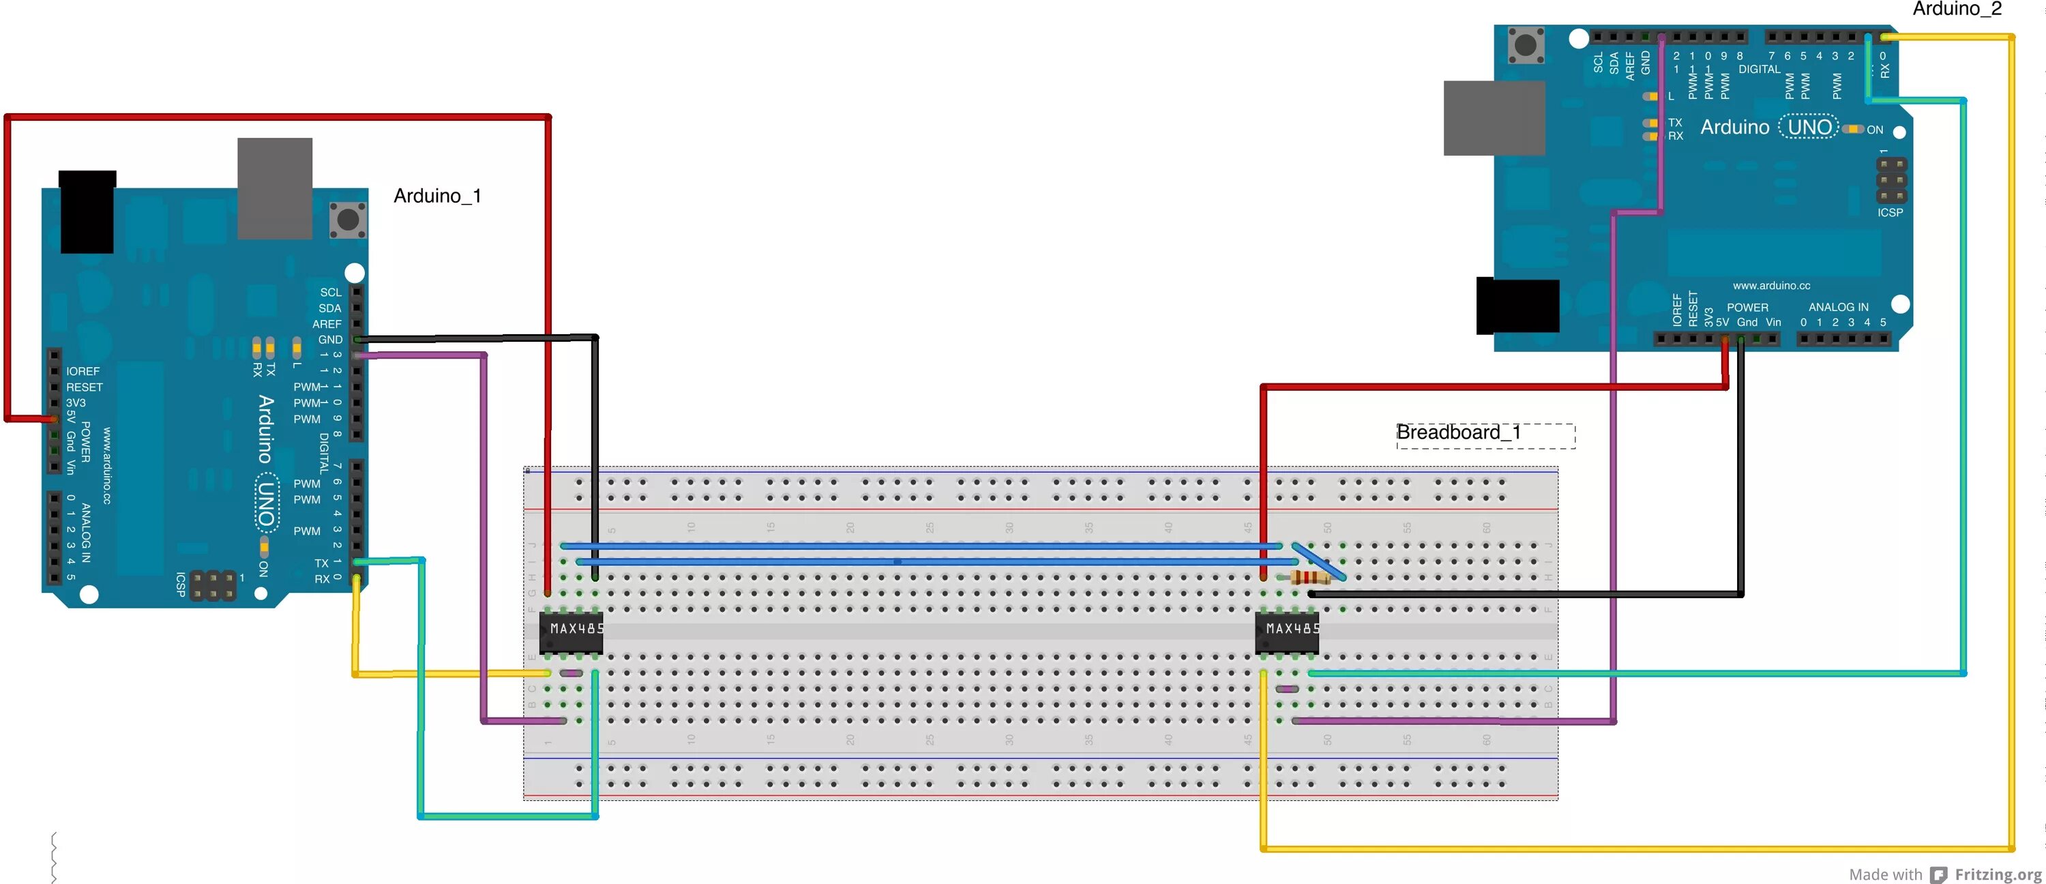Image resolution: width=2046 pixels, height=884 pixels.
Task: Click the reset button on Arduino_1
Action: click(x=347, y=220)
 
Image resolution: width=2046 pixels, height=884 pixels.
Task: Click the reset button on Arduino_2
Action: click(x=1525, y=44)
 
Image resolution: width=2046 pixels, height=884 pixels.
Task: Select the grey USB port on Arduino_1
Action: click(x=274, y=188)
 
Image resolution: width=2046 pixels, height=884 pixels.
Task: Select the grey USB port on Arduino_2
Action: click(x=1493, y=117)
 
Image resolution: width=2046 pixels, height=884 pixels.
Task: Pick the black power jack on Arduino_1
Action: click(x=87, y=211)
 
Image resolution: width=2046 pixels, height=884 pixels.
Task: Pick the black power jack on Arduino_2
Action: click(x=1517, y=306)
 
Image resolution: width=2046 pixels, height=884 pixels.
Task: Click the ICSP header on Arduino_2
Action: click(x=1891, y=180)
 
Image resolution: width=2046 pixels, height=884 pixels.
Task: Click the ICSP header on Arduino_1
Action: click(x=212, y=585)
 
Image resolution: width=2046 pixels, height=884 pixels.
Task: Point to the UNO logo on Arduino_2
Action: click(x=1809, y=127)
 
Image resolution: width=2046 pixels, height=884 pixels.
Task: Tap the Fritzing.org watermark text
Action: click(x=1997, y=874)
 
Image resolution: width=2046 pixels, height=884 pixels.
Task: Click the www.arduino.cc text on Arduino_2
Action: click(x=1771, y=285)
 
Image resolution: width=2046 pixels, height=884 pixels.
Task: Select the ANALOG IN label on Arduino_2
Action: click(x=1838, y=306)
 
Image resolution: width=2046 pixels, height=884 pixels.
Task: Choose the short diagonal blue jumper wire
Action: click(x=1318, y=561)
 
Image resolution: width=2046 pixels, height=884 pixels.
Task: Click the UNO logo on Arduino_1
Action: click(x=266, y=503)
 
